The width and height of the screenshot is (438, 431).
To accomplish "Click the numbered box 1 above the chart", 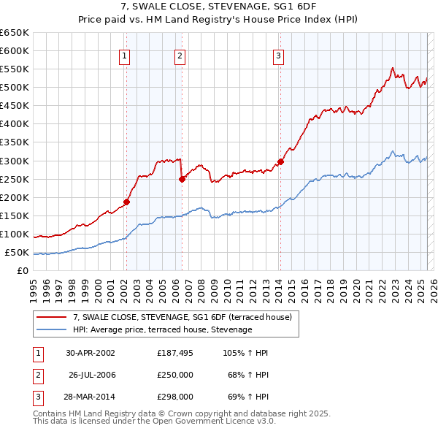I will pyautogui.click(x=124, y=56).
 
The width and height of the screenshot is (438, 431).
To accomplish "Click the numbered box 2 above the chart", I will pyautogui.click(x=180, y=56).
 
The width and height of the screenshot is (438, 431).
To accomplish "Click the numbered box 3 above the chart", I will pyautogui.click(x=279, y=56).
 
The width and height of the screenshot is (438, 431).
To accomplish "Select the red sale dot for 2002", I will pyautogui.click(x=126, y=202).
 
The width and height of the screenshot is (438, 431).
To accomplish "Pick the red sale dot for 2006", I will pyautogui.click(x=182, y=179).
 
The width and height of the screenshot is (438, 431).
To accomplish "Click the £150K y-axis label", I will pyautogui.click(x=15, y=216).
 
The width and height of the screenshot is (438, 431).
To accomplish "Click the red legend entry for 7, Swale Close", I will pyautogui.click(x=182, y=317).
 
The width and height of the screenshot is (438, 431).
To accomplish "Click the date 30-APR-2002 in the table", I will pyautogui.click(x=91, y=353).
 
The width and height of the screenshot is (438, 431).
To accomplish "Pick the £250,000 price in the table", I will pyautogui.click(x=175, y=375).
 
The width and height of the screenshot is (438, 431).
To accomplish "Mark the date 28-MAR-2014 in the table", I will pyautogui.click(x=91, y=397).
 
